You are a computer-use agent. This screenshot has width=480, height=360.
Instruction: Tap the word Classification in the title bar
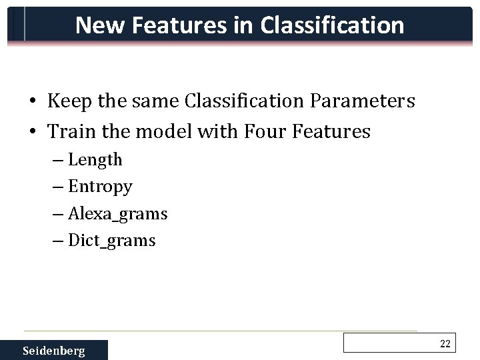332,25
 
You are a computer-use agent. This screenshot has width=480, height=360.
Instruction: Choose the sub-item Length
95,160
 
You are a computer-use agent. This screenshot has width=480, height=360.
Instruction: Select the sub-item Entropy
100,187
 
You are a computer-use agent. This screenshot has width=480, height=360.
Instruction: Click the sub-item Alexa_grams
117,214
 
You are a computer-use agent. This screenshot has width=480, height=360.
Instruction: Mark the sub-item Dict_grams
111,241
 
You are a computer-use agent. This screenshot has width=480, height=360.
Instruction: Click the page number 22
445,343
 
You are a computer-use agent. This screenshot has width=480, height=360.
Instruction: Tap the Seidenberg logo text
54,351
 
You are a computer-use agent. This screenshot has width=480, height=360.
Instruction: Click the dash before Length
58,161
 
